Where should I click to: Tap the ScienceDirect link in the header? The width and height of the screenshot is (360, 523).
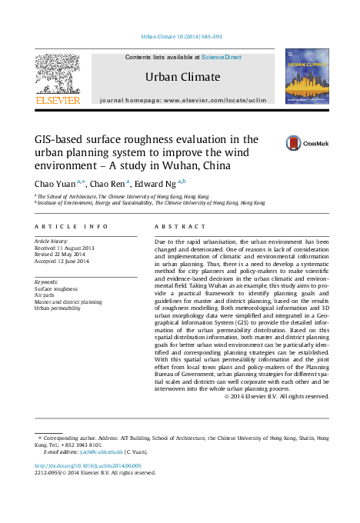point(222,57)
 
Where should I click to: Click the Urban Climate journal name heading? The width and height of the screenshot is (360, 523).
point(182,77)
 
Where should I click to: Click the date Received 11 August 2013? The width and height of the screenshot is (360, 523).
point(66,248)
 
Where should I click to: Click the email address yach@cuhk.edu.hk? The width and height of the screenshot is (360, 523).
point(103,451)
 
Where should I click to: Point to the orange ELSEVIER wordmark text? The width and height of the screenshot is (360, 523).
point(57,100)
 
